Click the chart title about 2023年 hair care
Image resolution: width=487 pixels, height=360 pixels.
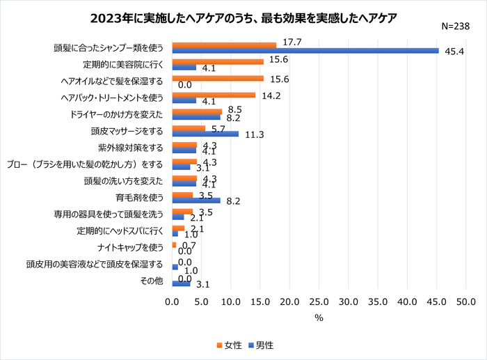(x=243, y=18)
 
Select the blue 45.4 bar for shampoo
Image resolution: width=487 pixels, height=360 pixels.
(x=305, y=50)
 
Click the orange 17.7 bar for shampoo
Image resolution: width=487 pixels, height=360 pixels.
(x=224, y=45)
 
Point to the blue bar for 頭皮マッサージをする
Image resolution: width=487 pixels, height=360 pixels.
(x=205, y=134)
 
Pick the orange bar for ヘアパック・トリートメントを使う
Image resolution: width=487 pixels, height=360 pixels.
(x=214, y=95)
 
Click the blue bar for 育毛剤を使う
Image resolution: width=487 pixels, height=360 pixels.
(x=195, y=201)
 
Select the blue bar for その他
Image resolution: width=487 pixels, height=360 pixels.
(x=181, y=284)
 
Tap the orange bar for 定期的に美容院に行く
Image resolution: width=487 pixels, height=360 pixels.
(x=217, y=61)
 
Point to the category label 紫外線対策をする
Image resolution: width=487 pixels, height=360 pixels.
(x=131, y=148)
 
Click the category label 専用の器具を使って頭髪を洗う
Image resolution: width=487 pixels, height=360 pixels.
(x=109, y=214)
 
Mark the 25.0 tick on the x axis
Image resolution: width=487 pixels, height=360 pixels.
(x=319, y=303)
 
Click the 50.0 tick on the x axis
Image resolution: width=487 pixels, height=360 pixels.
(x=465, y=303)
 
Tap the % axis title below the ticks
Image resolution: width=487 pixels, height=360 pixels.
(x=319, y=318)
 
